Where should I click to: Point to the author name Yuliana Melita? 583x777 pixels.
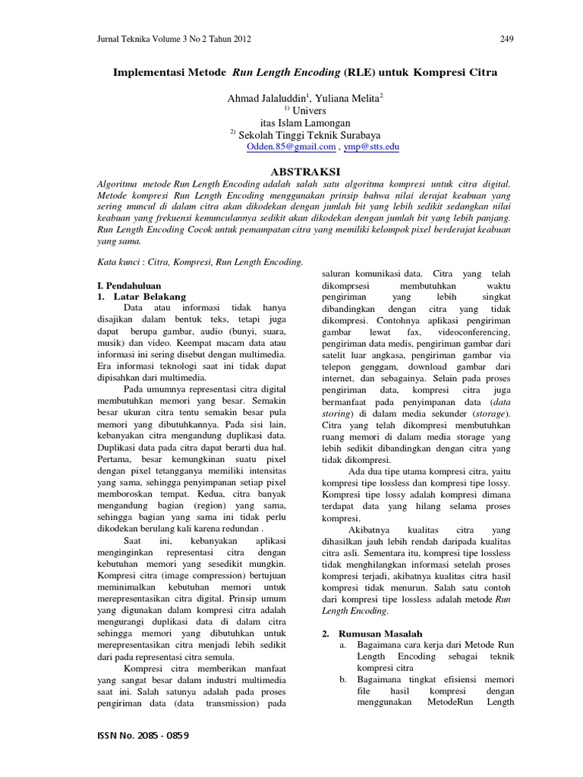(x=348, y=98)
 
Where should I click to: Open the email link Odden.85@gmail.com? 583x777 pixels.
(x=287, y=147)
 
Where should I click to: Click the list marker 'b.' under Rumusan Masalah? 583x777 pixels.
(x=343, y=679)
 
